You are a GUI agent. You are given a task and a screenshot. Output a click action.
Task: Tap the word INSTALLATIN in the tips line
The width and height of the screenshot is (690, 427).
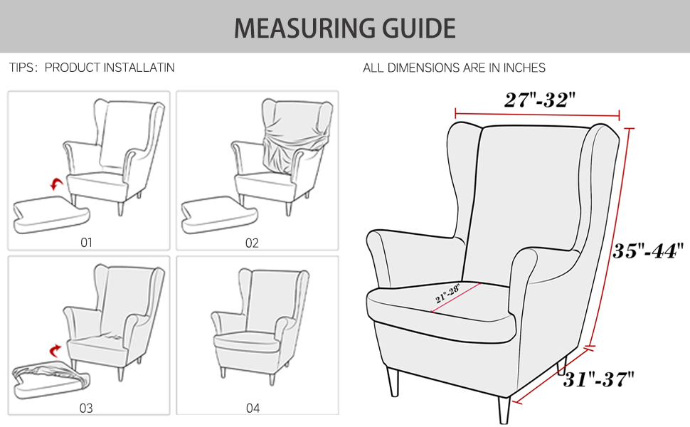pos(139,68)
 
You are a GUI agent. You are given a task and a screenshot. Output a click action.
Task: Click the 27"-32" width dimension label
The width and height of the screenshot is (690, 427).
pos(538,100)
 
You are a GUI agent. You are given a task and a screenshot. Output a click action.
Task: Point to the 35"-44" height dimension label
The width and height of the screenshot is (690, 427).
pos(648,251)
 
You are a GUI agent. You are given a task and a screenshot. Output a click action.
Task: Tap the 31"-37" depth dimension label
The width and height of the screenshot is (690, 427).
pos(599,379)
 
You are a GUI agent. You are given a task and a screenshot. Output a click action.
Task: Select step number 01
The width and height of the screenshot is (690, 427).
pos(86,242)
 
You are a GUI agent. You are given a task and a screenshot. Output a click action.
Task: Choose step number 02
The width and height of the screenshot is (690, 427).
pos(252,243)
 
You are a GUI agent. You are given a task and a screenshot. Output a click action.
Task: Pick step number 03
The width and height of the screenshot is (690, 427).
pos(86,408)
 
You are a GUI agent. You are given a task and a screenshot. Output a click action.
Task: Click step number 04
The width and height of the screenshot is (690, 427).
pos(253,408)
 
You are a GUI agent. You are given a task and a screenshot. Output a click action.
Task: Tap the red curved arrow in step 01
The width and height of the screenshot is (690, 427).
pos(55,185)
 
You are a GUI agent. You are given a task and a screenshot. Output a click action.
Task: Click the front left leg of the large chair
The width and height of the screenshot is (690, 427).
pos(393,382)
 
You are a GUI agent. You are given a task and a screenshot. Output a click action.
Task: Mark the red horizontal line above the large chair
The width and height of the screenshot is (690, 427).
pos(537,114)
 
